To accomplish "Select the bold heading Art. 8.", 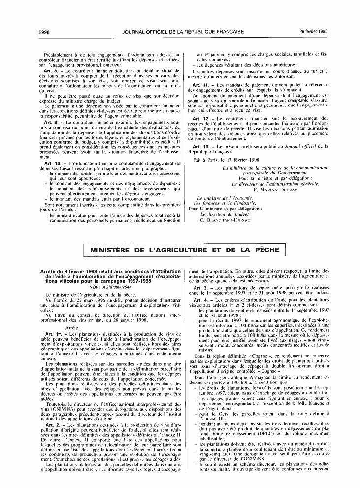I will [50, 72].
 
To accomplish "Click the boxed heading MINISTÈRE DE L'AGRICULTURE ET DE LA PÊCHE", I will [184, 251].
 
